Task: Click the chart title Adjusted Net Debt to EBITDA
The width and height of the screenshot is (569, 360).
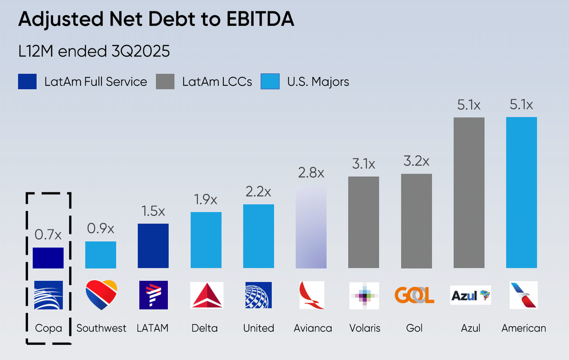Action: click(x=156, y=20)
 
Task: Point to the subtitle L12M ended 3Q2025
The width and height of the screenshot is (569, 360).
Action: click(x=94, y=51)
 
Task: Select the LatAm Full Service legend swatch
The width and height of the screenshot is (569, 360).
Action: click(x=28, y=82)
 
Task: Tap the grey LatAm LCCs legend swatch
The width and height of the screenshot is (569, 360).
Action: click(x=165, y=82)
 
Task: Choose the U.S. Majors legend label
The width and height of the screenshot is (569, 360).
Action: click(x=318, y=82)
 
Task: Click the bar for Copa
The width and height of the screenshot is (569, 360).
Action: click(x=48, y=258)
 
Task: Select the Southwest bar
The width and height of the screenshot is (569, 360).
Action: click(x=101, y=255)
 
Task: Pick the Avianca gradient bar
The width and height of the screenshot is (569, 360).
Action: click(x=311, y=227)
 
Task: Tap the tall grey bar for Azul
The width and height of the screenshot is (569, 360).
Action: click(x=469, y=193)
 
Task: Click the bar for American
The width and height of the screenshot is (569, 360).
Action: click(x=522, y=193)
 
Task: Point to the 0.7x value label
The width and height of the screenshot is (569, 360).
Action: click(x=48, y=235)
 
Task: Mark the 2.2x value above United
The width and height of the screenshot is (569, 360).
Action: click(x=258, y=192)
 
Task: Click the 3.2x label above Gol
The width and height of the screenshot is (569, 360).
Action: click(x=416, y=161)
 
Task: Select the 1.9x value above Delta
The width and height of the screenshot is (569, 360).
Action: click(x=206, y=200)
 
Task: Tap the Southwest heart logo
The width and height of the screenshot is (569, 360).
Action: click(x=101, y=295)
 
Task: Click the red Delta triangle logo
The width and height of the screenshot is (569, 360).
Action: click(x=206, y=295)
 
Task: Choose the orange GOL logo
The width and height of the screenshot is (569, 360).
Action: click(x=414, y=295)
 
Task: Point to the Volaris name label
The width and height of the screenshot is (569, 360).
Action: click(x=364, y=328)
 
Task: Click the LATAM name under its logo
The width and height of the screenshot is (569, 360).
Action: click(x=153, y=328)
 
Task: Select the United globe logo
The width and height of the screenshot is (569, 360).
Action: click(x=258, y=295)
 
